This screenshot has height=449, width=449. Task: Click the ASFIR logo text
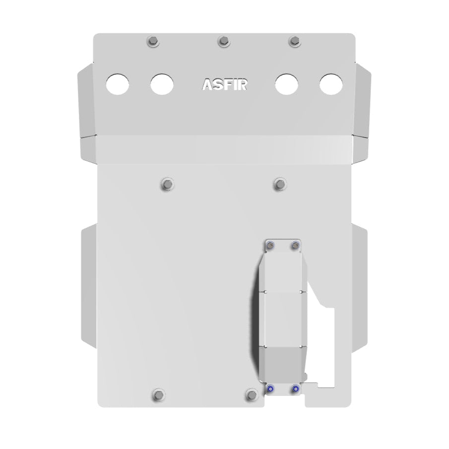[x=224, y=84]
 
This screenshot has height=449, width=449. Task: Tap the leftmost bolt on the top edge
[x=152, y=42]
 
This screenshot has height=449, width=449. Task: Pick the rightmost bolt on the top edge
[x=294, y=42]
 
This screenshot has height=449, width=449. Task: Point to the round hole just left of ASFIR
[x=162, y=84]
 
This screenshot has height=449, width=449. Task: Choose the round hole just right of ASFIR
[x=287, y=84]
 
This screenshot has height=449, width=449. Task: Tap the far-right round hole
[x=331, y=84]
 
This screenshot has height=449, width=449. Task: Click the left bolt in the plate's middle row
[x=168, y=185]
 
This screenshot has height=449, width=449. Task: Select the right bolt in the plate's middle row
[x=280, y=185]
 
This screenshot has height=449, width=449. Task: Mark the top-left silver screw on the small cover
[x=270, y=244]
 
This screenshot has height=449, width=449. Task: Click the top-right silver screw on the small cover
[x=296, y=244]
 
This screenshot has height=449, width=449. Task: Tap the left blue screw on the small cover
[x=270, y=388]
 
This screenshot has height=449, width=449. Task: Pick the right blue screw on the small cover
[x=296, y=388]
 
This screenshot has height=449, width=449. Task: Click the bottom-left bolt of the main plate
[x=159, y=394]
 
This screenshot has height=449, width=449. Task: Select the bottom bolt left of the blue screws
[x=252, y=394]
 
